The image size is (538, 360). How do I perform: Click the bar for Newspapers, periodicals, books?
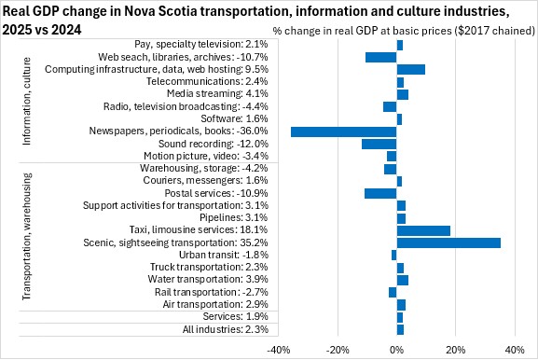[344, 132]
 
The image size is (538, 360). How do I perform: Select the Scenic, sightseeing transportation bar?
[448, 243]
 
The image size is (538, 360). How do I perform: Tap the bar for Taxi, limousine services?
[423, 231]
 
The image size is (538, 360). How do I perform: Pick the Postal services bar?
[380, 194]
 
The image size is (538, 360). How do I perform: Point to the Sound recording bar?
[379, 145]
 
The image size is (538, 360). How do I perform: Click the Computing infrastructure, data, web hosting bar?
[411, 69]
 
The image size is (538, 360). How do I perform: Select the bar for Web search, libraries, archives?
[380, 57]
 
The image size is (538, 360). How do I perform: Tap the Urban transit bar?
[393, 256]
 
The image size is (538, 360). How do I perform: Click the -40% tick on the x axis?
[279, 350]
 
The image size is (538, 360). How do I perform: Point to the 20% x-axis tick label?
[456, 350]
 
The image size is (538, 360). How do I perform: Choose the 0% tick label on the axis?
[397, 350]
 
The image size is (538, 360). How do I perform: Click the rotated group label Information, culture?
[26, 102]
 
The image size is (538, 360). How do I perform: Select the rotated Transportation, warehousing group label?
[26, 237]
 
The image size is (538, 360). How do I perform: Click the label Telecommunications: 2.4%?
[207, 82]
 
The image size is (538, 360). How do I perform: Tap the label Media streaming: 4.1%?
[217, 93]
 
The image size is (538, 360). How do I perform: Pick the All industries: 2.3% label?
[226, 329]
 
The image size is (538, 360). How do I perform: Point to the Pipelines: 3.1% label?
[234, 217]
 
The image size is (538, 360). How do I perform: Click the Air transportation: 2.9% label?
[215, 304]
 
